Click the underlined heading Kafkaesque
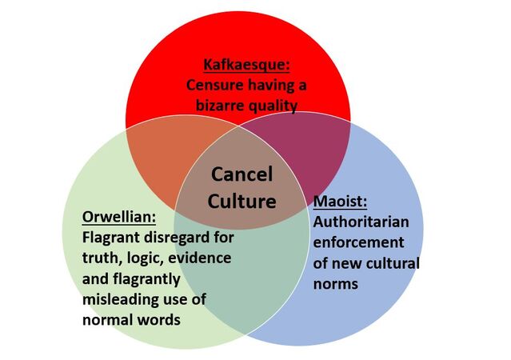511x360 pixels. (x=246, y=65)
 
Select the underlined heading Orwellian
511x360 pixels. (x=119, y=217)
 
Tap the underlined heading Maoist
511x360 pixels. (x=340, y=201)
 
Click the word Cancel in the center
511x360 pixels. (x=242, y=174)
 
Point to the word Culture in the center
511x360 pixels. (x=242, y=201)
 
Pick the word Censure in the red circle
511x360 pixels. (x=215, y=86)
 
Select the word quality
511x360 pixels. (x=273, y=106)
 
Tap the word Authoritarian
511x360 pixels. (x=361, y=222)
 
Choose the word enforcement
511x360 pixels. (x=358, y=242)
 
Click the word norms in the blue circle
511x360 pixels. (x=336, y=284)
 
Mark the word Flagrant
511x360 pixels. (x=111, y=238)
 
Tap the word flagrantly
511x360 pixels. (x=146, y=279)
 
